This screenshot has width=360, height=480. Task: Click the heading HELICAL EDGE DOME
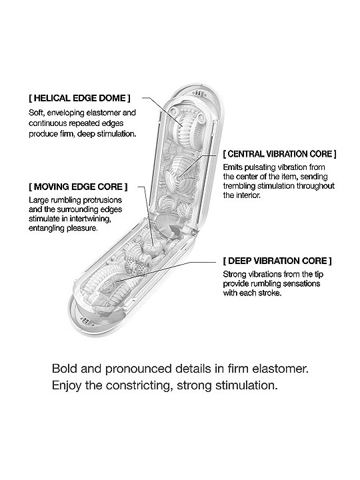pyautogui.click(x=79, y=98)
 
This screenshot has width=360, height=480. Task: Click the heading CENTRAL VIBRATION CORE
pyautogui.click(x=280, y=154)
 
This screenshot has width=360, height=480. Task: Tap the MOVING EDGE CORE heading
pyautogui.click(x=78, y=187)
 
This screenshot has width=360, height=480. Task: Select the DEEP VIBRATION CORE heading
pyautogui.click(x=277, y=261)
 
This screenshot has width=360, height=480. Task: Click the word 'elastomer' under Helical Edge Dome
pyautogui.click(x=104, y=113)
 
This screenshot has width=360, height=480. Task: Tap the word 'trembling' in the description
pyautogui.click(x=239, y=186)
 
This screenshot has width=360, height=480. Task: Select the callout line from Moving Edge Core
pyautogui.click(x=146, y=217)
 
